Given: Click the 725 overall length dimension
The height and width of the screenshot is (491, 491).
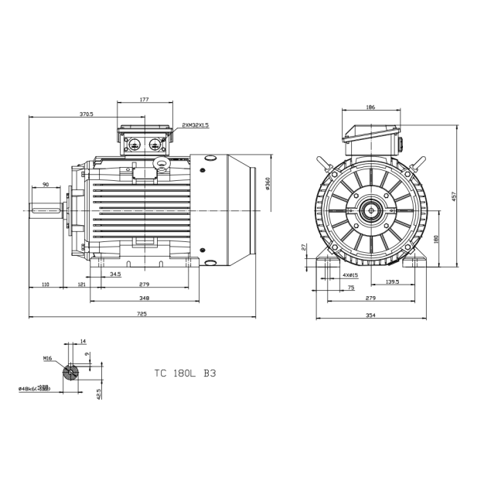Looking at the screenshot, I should pyautogui.click(x=142, y=314).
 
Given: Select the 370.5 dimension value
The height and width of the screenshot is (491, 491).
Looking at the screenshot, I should pyautogui.click(x=86, y=114).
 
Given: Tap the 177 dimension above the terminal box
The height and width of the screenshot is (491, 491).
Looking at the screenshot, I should pyautogui.click(x=144, y=100).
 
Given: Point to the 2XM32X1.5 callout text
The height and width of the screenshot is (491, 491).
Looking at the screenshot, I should pyautogui.click(x=196, y=124).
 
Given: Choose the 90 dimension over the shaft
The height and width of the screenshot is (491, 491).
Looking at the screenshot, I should pyautogui.click(x=46, y=185).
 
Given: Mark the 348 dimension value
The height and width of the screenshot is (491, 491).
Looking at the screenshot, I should pyautogui.click(x=144, y=298).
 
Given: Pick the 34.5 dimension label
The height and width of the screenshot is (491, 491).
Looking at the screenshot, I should pyautogui.click(x=115, y=274).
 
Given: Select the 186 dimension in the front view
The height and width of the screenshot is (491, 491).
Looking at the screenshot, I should pyautogui.click(x=370, y=107).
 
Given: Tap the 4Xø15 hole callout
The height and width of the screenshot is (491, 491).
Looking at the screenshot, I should pyautogui.click(x=349, y=274).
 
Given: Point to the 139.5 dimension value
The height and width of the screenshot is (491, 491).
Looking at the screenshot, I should pyautogui.click(x=392, y=282).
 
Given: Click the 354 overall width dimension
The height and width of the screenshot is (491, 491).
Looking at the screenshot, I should pyautogui.click(x=370, y=314).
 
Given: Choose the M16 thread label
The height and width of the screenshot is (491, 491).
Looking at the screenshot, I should pyautogui.click(x=47, y=359).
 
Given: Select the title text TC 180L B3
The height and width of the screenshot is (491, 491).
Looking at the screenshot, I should pyautogui.click(x=185, y=373).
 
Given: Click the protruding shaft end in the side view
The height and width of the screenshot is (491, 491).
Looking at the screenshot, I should pyautogui.click(x=47, y=210).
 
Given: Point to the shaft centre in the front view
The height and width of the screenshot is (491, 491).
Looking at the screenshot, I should pyautogui.click(x=371, y=210).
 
